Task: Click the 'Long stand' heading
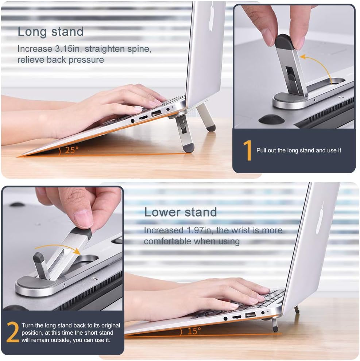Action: [x=50, y=32]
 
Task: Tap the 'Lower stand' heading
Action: [x=181, y=212]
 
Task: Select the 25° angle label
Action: [x=72, y=150]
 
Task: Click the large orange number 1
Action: [x=247, y=150]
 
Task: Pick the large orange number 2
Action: [x=12, y=332]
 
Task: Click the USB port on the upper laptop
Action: [x=156, y=113]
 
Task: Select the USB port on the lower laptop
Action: [x=250, y=314]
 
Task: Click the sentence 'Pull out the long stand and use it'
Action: [x=299, y=150]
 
